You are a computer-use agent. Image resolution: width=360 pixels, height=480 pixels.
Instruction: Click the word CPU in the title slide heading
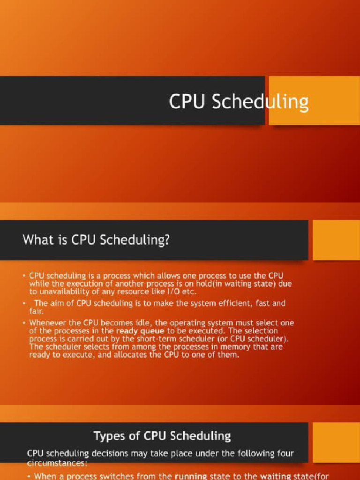point(187,101)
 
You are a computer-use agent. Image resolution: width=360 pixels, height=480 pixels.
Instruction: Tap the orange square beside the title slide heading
point(315,100)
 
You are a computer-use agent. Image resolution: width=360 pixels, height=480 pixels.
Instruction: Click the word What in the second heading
point(38,240)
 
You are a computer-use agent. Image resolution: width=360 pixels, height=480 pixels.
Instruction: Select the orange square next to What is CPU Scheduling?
point(336,240)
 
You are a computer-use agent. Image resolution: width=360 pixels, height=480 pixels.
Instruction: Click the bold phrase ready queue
point(140,331)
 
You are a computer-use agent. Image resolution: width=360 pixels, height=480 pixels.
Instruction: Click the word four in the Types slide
point(286,453)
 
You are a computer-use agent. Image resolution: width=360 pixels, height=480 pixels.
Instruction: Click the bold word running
point(193,476)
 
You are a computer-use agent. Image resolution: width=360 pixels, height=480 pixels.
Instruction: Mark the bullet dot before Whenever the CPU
point(23,323)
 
